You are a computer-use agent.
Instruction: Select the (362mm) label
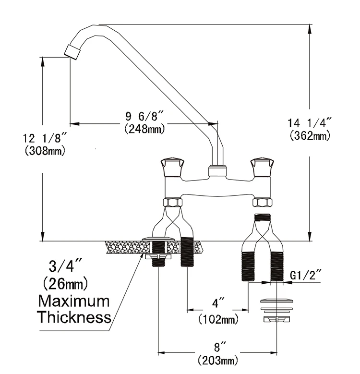coord(310,136)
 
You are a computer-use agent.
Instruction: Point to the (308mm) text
coord(44,151)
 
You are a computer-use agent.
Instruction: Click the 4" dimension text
coord(219,304)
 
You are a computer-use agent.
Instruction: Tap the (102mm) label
coord(218,318)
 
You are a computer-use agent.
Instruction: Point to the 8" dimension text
coord(219,346)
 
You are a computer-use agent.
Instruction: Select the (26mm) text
coord(66,284)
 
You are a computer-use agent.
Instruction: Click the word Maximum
coord(74,302)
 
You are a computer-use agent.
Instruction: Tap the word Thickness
coord(74,317)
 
